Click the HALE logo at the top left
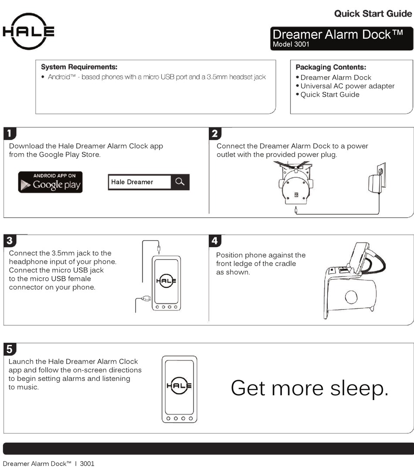pos(29,31)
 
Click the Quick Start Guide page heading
pos(373,13)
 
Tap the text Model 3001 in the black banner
pos(291,44)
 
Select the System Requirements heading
pos(79,67)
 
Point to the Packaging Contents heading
pos(331,67)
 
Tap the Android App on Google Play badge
pos(50,182)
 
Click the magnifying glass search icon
pos(180,182)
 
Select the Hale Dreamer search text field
pos(139,182)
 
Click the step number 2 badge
pos(215,133)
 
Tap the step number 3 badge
pos(10,240)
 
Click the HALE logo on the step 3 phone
pos(166,280)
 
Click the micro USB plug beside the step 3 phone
pos(146,298)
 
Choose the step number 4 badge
pos(215,240)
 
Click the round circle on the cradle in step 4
pos(351,297)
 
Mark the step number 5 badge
pos(10,349)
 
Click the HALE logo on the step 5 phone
pos(179,385)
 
